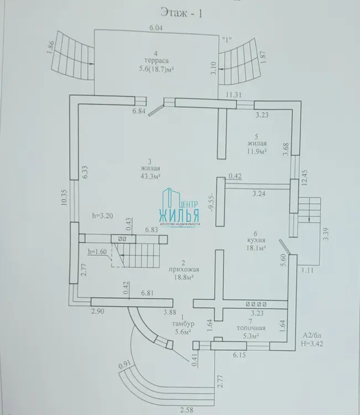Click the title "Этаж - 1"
click(x=181, y=12)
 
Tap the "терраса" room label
click(x=156, y=61)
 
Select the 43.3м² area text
click(x=150, y=176)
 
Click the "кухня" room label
click(x=256, y=240)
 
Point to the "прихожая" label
click(x=184, y=270)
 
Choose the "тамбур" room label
click(x=183, y=324)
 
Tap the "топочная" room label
click(x=251, y=328)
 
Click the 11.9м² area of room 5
click(x=257, y=152)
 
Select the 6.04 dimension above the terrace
click(x=156, y=28)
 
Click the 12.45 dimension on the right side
click(x=305, y=177)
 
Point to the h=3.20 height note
click(x=103, y=216)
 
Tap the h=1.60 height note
click(x=97, y=251)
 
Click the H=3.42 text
click(x=312, y=344)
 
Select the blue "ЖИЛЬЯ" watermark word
click(x=179, y=215)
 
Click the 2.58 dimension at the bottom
click(x=187, y=410)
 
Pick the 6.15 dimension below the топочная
click(x=239, y=355)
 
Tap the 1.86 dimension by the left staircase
click(x=51, y=47)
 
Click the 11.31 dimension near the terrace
click(x=233, y=95)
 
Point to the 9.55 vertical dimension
click(x=211, y=204)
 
